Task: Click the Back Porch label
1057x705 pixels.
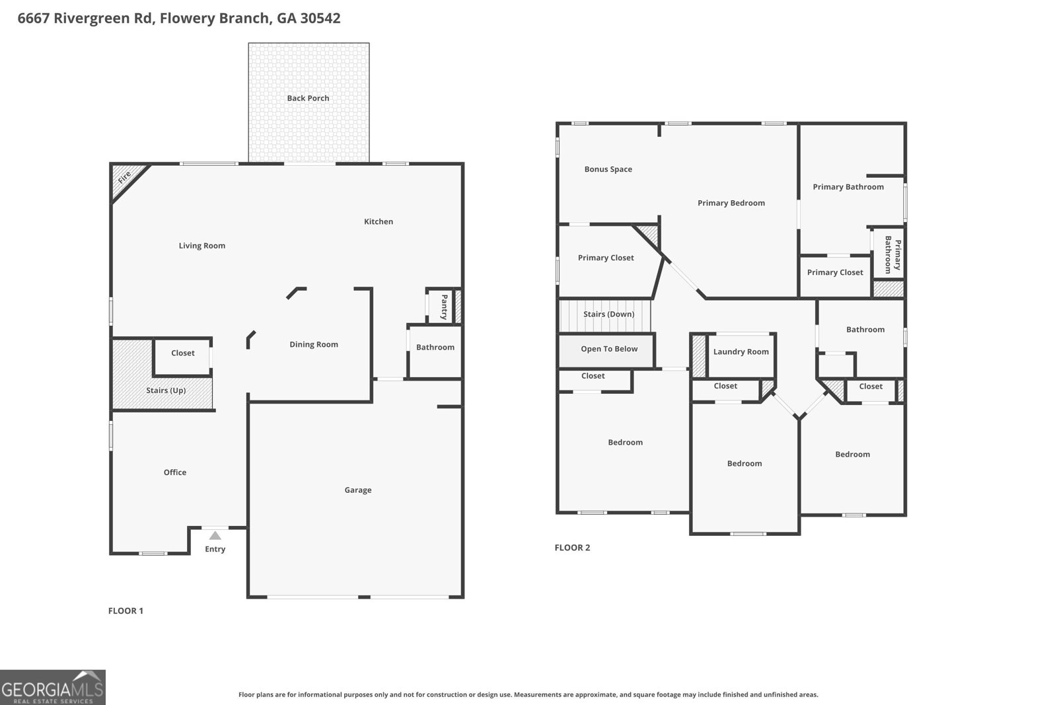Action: pos(308,98)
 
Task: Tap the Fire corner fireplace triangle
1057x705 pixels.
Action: pos(124,178)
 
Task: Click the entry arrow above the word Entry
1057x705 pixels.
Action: pos(215,536)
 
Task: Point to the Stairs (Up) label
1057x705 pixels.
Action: pos(166,390)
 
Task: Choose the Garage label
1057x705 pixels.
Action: pos(357,490)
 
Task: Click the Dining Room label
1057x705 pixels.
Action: pos(313,344)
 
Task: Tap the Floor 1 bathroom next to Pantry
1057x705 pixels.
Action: pos(435,348)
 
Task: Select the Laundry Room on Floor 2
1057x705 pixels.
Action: pos(741,352)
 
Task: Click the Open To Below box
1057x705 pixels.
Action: pos(608,349)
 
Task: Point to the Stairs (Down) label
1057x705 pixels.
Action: pos(608,315)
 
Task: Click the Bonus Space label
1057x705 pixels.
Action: pos(608,170)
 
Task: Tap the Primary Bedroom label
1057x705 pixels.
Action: pos(731,204)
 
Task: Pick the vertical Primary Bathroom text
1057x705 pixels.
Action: pos(893,254)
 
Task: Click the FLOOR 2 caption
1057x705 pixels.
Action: pos(572,548)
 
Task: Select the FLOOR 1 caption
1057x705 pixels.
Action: pos(126,611)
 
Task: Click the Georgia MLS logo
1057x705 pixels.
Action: pos(53,687)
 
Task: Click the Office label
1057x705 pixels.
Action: pos(175,472)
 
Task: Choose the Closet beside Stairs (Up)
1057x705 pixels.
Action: pos(182,353)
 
